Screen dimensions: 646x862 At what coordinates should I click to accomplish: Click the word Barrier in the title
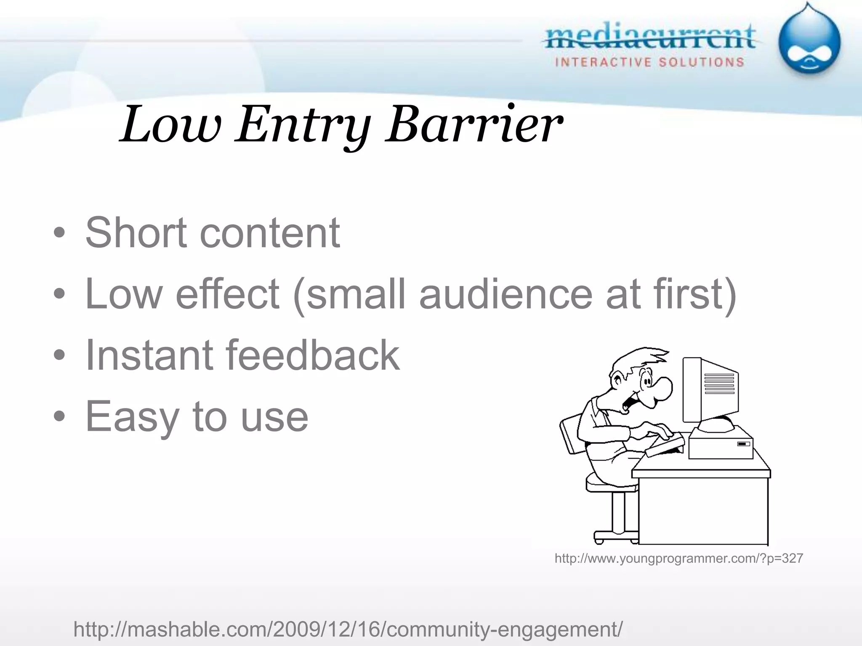point(474,125)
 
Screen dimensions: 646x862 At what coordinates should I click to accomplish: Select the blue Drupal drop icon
point(809,42)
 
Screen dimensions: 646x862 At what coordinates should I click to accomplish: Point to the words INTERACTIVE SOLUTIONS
point(650,63)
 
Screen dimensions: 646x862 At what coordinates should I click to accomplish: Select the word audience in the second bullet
point(507,294)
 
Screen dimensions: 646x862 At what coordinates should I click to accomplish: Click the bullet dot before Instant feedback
point(59,355)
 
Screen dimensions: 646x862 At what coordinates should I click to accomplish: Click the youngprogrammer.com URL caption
point(678,559)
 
